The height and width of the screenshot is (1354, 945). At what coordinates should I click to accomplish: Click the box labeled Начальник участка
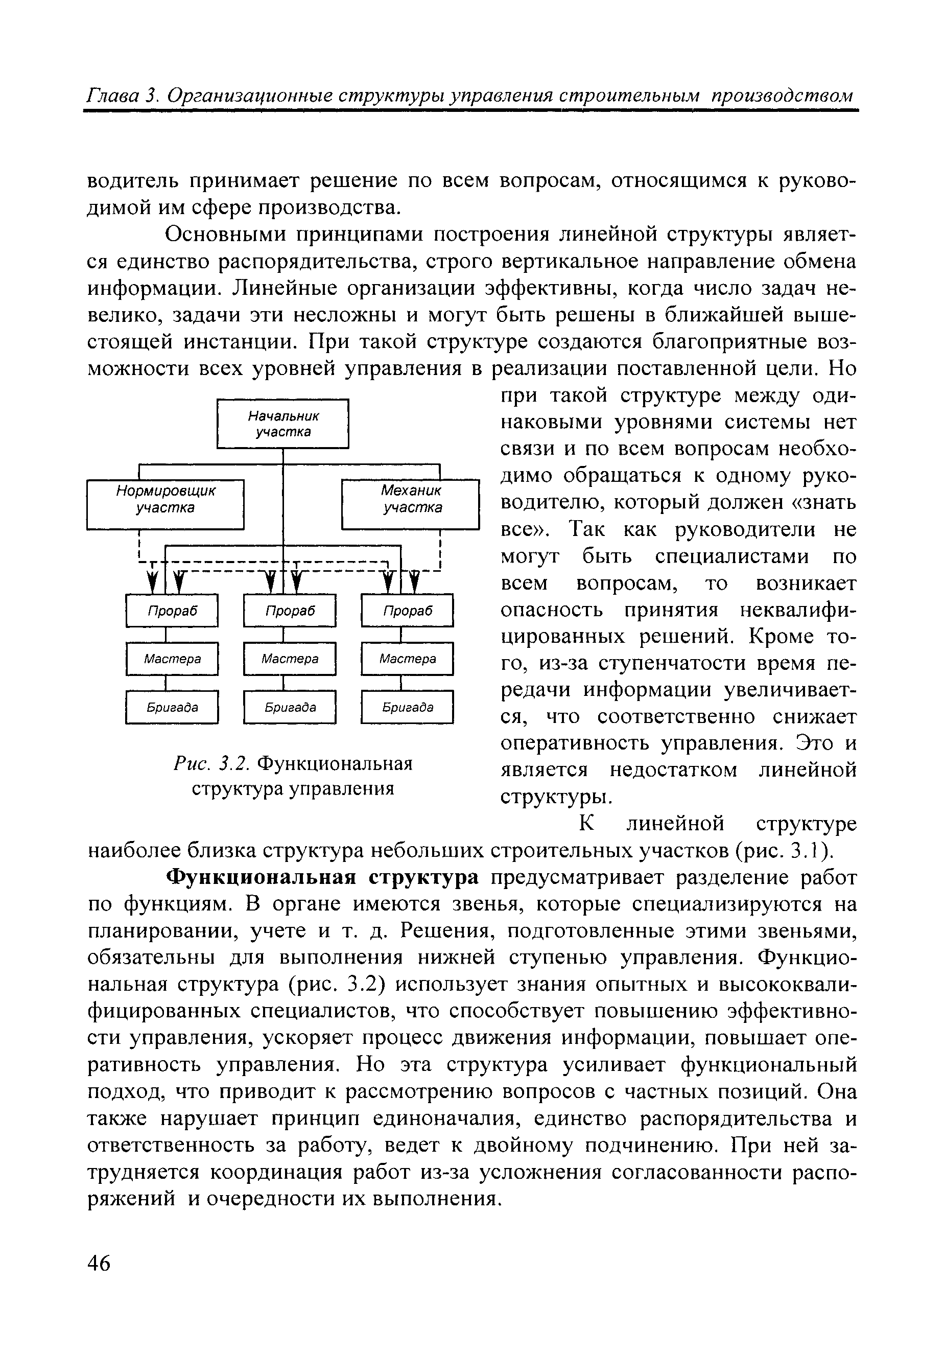[x=283, y=424]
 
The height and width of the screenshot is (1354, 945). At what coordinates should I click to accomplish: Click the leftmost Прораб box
[x=172, y=611]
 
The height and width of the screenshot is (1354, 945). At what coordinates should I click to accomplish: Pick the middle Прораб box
[x=290, y=611]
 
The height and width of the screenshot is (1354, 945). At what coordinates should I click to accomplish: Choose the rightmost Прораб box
[x=407, y=611]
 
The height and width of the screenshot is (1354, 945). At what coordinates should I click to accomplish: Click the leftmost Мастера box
[x=172, y=658]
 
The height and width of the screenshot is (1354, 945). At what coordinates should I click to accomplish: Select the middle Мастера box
[x=290, y=658]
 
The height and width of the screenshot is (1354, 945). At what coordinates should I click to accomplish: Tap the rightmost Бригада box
[x=407, y=707]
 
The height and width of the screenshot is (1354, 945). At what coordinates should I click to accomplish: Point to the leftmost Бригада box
[x=172, y=707]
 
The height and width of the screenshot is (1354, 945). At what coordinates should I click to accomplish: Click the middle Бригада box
[x=290, y=707]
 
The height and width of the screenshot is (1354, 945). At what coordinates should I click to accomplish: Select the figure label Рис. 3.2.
[x=211, y=764]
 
